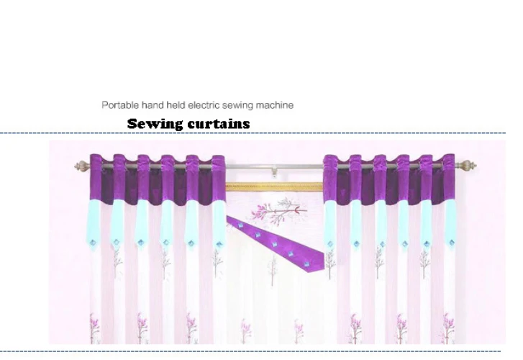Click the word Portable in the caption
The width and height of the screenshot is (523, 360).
(x=120, y=105)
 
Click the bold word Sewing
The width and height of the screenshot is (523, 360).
(x=155, y=124)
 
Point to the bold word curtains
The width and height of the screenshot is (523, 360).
(x=219, y=124)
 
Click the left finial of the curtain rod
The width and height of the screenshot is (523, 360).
(x=82, y=166)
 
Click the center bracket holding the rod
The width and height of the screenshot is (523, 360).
(x=274, y=171)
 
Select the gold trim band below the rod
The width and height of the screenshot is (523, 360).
(x=274, y=186)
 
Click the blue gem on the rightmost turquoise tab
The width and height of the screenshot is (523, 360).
(x=452, y=243)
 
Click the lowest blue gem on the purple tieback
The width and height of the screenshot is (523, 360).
(x=306, y=264)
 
